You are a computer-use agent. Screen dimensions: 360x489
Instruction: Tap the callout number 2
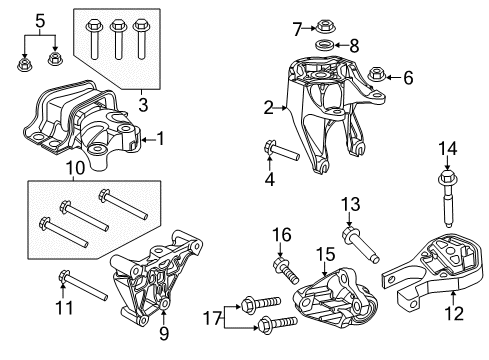268,106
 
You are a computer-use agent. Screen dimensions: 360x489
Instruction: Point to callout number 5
39,19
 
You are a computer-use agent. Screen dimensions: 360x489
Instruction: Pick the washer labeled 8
324,46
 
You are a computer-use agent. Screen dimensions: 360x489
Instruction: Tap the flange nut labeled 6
377,74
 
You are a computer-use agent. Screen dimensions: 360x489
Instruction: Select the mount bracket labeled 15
335,297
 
